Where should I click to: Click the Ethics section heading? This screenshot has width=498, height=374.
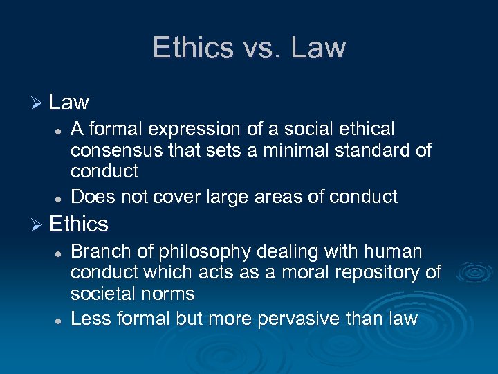[79, 224]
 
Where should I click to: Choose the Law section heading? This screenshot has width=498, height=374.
[69, 103]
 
